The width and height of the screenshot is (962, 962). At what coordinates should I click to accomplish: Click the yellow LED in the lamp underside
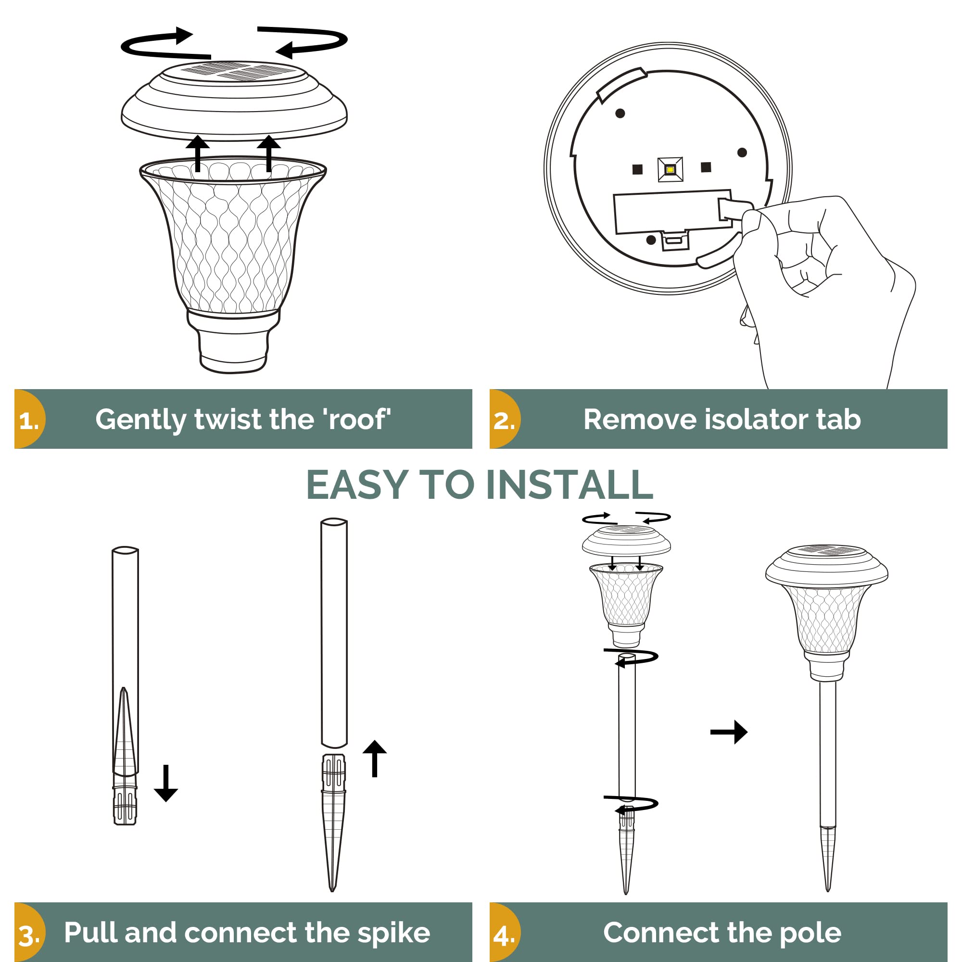point(670,170)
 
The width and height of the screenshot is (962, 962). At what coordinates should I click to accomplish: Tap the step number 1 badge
point(29,419)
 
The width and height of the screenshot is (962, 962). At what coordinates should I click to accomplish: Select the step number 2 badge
point(504,419)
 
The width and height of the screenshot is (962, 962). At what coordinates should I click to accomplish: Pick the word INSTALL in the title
point(569,484)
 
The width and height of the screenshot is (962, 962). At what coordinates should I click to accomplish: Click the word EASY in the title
point(357,484)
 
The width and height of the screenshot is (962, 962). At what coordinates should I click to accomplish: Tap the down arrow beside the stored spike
point(166,783)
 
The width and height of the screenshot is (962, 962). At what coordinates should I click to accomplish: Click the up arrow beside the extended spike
point(374,759)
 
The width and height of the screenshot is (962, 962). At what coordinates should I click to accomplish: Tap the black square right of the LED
point(706,167)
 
